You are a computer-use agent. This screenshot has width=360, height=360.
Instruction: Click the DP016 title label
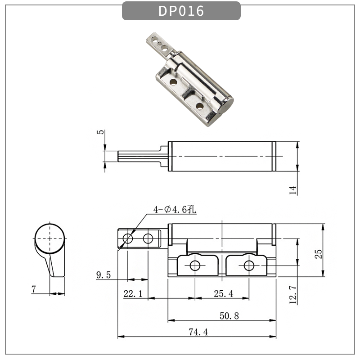(x=181, y=11)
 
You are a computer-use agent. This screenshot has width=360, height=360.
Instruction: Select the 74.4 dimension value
(x=198, y=332)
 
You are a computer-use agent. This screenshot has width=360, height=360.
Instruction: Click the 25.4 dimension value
(x=223, y=294)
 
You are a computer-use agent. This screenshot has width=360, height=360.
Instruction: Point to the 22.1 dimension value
(x=133, y=294)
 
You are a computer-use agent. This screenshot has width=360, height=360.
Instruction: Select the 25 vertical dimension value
(x=318, y=253)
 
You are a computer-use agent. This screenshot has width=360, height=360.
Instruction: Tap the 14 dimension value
(x=293, y=190)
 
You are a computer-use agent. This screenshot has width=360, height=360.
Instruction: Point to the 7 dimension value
(x=34, y=289)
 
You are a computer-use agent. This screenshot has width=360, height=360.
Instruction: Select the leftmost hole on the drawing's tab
(x=128, y=238)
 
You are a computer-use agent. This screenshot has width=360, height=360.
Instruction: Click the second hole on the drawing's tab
(x=148, y=238)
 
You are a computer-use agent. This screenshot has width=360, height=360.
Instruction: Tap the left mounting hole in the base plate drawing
(x=194, y=265)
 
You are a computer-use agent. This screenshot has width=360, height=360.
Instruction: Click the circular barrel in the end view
(x=49, y=238)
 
